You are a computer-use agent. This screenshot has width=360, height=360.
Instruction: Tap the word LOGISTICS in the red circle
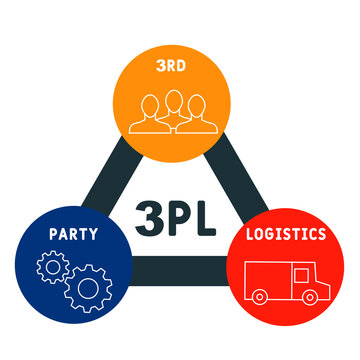(287, 234)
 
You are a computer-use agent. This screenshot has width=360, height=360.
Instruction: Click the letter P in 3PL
(178, 217)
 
